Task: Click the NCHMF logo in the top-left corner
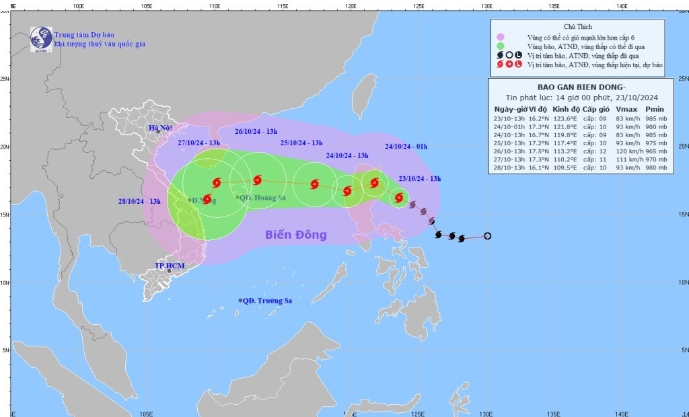pos(40,38)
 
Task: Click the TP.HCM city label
pos(168,266)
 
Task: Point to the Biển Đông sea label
pos(295,235)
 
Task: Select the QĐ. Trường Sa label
pos(269,300)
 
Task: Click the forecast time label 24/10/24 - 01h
pos(406,146)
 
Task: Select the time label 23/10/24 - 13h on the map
pos(420,178)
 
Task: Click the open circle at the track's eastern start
pos(487,235)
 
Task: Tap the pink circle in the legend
pos(500,37)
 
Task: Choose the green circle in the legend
pos(500,46)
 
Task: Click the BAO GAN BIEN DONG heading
pos(581,87)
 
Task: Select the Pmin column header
pos(654,109)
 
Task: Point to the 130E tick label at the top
pos(487,5)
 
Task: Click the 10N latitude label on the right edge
pos(682,282)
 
